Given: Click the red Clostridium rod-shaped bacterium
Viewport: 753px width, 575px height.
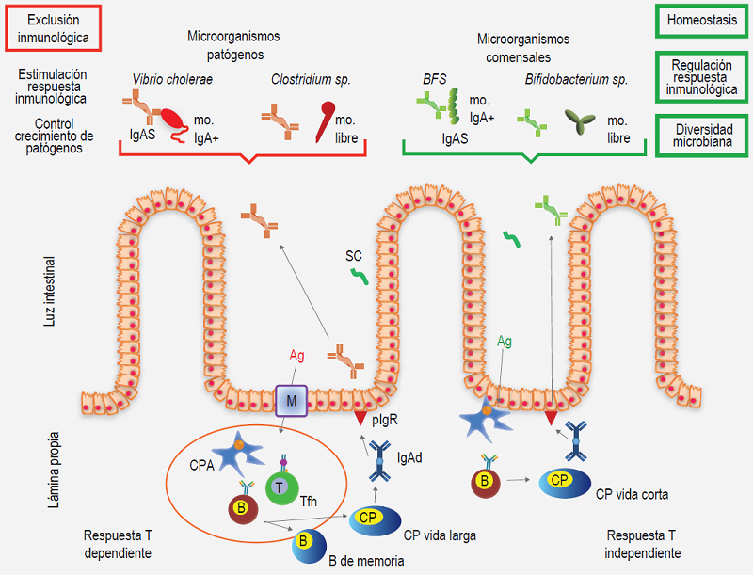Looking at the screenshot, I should point(326,117).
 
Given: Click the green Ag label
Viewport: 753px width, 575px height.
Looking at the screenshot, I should point(505,342).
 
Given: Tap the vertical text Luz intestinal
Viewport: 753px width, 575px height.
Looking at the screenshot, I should point(52,292).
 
